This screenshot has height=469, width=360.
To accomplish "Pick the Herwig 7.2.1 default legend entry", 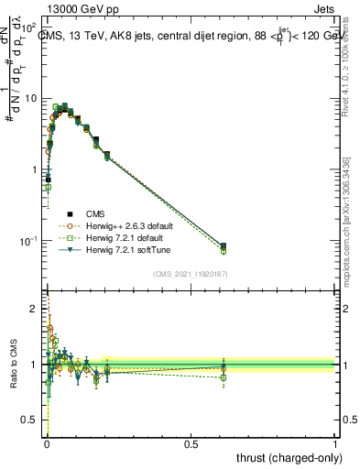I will click(132, 237).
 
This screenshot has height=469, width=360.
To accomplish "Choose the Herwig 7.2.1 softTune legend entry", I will click(134, 249).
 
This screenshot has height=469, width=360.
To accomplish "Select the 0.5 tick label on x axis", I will click(191, 443).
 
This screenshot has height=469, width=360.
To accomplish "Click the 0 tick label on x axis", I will click(47, 443).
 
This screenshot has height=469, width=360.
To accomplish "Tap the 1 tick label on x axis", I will click(336, 443).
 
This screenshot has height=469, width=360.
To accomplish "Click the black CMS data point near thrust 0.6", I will click(224, 245).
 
